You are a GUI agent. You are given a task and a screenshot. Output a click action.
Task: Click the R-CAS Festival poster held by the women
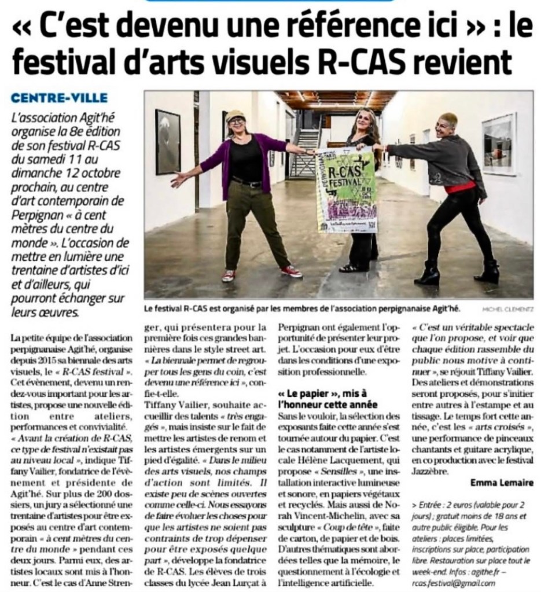tap(347, 190)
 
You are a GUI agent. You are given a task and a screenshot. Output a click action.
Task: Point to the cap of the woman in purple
tap(235, 115)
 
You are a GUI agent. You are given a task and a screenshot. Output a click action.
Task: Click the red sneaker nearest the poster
tap(291, 271)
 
